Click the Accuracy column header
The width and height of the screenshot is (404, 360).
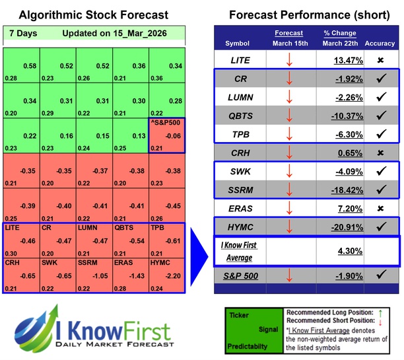[380, 43]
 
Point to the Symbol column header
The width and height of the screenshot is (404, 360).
[238, 43]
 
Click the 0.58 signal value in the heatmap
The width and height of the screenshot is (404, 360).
[28, 66]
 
